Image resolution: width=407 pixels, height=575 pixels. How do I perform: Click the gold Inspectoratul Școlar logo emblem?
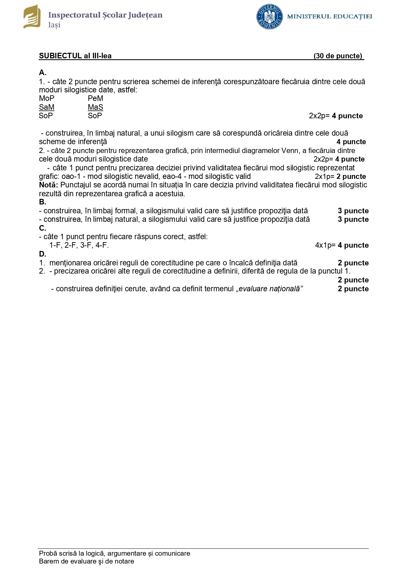click(x=32, y=17)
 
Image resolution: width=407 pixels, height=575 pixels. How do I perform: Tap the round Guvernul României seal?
click(x=269, y=17)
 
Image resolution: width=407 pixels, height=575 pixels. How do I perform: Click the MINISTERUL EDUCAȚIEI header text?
click(x=329, y=16)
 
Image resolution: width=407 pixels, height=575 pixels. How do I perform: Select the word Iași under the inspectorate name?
click(x=54, y=25)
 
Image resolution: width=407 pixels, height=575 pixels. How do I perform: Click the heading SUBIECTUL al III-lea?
click(x=75, y=56)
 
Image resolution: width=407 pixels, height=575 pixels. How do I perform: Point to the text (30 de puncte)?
click(x=338, y=56)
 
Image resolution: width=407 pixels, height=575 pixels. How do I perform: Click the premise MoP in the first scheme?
click(x=47, y=98)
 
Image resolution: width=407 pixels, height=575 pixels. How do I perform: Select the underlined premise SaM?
click(x=47, y=107)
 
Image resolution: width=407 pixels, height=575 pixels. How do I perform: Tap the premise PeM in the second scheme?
click(x=95, y=98)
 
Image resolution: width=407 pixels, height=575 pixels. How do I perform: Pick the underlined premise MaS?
click(x=95, y=107)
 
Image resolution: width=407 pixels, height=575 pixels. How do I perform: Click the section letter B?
click(x=43, y=202)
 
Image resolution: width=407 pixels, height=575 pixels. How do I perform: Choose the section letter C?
click(x=43, y=228)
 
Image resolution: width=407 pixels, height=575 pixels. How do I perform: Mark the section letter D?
click(x=43, y=254)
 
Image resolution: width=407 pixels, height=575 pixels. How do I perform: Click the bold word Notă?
click(x=48, y=185)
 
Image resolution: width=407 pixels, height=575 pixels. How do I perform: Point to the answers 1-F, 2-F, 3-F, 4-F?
click(x=79, y=245)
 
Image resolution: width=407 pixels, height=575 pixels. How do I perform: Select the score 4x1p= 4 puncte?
click(x=342, y=245)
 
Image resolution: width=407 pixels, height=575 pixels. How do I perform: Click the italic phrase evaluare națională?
click(x=269, y=289)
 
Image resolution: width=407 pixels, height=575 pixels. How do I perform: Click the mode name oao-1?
click(x=71, y=176)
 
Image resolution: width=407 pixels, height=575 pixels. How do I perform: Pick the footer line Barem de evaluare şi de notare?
click(x=87, y=561)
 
